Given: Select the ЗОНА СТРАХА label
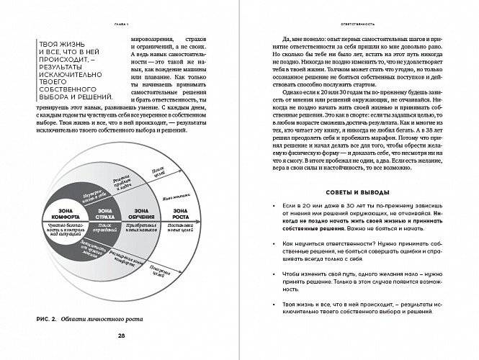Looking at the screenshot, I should [100, 212].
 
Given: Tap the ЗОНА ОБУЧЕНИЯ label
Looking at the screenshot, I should [141, 212].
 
